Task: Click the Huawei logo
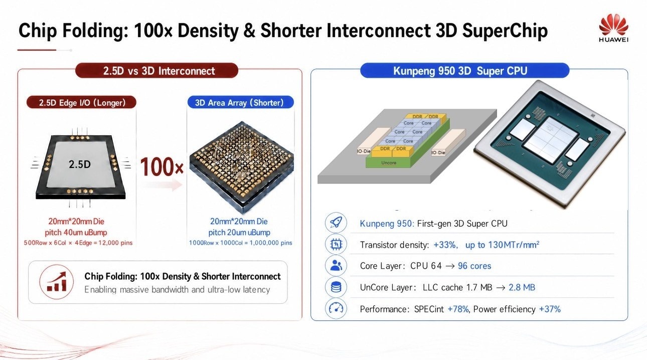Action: tap(613, 28)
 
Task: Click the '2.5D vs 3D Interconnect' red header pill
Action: tap(156, 70)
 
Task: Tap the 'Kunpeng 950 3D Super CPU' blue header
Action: tap(465, 70)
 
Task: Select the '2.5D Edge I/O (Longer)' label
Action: tap(81, 102)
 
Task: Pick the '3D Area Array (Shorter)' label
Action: tap(241, 102)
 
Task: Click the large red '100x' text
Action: tap(161, 167)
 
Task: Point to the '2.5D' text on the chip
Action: tap(80, 164)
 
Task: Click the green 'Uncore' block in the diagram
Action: tap(389, 162)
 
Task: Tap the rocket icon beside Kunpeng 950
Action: tap(336, 223)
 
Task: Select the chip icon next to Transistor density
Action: tap(336, 244)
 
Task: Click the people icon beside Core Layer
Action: tap(336, 265)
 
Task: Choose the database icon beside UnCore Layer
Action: tap(336, 287)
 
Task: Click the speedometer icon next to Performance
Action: tap(336, 308)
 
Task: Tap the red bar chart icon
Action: tap(57, 282)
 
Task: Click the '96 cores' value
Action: tap(474, 266)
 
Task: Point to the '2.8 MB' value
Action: tap(522, 287)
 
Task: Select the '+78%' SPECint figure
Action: tap(458, 309)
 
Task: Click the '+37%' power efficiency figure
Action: tap(550, 309)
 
